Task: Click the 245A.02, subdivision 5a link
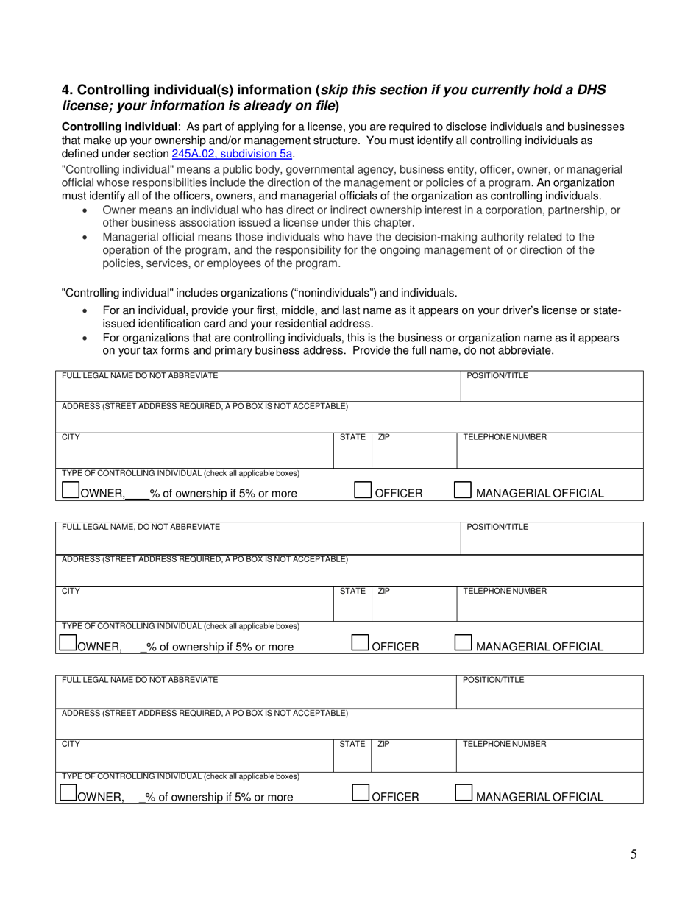tap(233, 154)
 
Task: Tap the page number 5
tap(634, 854)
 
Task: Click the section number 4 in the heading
tap(66, 90)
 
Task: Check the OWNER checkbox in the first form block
tap(70, 491)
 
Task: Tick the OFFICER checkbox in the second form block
tap(360, 643)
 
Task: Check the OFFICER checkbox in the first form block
tap(363, 490)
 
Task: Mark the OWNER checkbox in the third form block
tap(68, 792)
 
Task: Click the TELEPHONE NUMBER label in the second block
tap(504, 591)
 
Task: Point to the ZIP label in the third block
tap(383, 744)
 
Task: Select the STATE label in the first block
tap(352, 437)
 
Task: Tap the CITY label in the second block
tap(71, 591)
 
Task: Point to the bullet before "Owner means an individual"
tap(87, 210)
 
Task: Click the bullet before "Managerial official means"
tap(87, 238)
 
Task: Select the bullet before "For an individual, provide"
tap(87, 311)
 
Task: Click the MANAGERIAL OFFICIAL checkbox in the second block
tap(463, 643)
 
